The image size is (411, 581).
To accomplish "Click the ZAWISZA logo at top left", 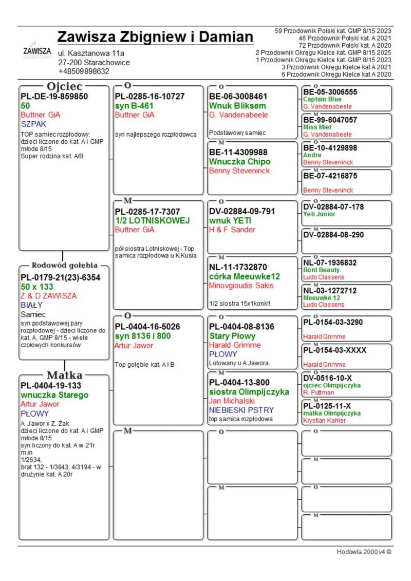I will click(37, 52).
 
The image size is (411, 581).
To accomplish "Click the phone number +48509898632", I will click(84, 71).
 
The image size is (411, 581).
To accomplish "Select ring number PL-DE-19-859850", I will click(54, 96).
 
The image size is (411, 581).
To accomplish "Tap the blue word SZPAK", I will click(32, 124).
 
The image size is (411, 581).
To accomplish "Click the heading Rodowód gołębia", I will click(64, 266).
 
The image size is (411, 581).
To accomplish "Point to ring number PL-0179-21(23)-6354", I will click(60, 277).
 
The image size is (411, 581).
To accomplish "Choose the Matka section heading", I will click(64, 374).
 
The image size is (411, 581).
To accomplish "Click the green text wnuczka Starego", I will click(54, 395).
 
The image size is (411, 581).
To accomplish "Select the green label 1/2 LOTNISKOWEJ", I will click(153, 220).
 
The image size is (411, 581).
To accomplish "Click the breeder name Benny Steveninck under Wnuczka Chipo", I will click(239, 171).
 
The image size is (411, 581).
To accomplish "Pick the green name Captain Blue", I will click(322, 99).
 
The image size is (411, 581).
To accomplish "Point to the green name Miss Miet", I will click(319, 127).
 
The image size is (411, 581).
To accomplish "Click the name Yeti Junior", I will click(319, 214).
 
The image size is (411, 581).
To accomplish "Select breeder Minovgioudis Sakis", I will click(241, 286).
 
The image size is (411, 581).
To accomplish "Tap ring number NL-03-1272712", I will click(330, 290).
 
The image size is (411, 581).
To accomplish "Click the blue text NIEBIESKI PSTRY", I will click(241, 410).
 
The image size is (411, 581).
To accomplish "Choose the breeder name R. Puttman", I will click(319, 392).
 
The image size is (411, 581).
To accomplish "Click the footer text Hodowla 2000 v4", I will click(364, 552).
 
